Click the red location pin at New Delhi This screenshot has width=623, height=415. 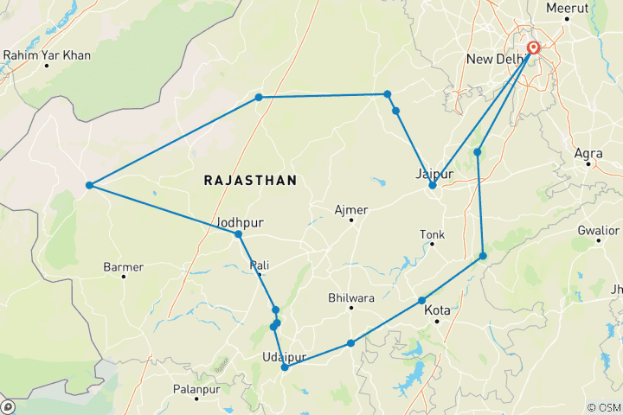[534, 49]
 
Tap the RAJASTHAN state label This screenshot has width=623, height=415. [250, 180]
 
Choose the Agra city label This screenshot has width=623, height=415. [588, 153]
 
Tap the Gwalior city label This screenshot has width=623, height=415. [599, 230]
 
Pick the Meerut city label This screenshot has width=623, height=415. [568, 8]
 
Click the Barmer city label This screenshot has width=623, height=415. [123, 266]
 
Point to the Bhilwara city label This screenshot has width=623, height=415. [351, 298]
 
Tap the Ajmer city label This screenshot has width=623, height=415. [351, 210]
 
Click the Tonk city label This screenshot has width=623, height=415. [432, 234]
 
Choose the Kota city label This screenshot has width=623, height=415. [439, 310]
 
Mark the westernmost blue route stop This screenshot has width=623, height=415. [89, 185]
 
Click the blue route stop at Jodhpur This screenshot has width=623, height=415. [238, 234]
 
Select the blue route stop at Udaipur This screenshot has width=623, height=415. [285, 367]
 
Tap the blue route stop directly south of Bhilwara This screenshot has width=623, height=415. [350, 343]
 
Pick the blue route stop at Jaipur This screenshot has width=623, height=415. [433, 185]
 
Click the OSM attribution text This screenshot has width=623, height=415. [604, 407]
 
